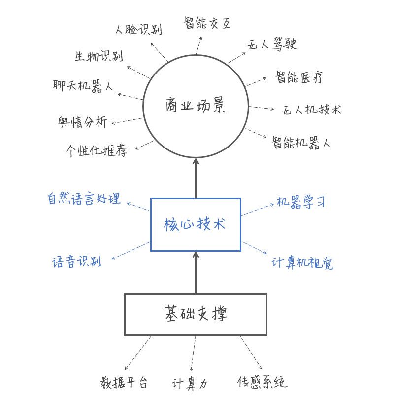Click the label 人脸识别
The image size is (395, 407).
coord(138,29)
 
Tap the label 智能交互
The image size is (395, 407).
coord(207,23)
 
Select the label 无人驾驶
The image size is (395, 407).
coord(272,45)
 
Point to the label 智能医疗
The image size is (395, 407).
coord(299,77)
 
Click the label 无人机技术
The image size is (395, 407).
coord(311,110)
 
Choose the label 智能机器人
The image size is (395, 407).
coord(301,143)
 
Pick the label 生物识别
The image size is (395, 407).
coord(99,56)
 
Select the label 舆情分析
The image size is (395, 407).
coord(82,121)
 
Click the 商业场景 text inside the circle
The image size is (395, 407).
coord(196,106)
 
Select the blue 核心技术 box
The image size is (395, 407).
coord(196,224)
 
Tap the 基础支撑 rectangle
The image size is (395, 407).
coord(196,314)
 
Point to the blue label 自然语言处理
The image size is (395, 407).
coord(84,199)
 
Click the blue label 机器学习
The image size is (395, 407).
coord(300,202)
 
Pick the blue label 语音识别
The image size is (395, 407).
coord(77,261)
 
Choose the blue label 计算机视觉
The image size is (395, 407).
coord(302,262)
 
